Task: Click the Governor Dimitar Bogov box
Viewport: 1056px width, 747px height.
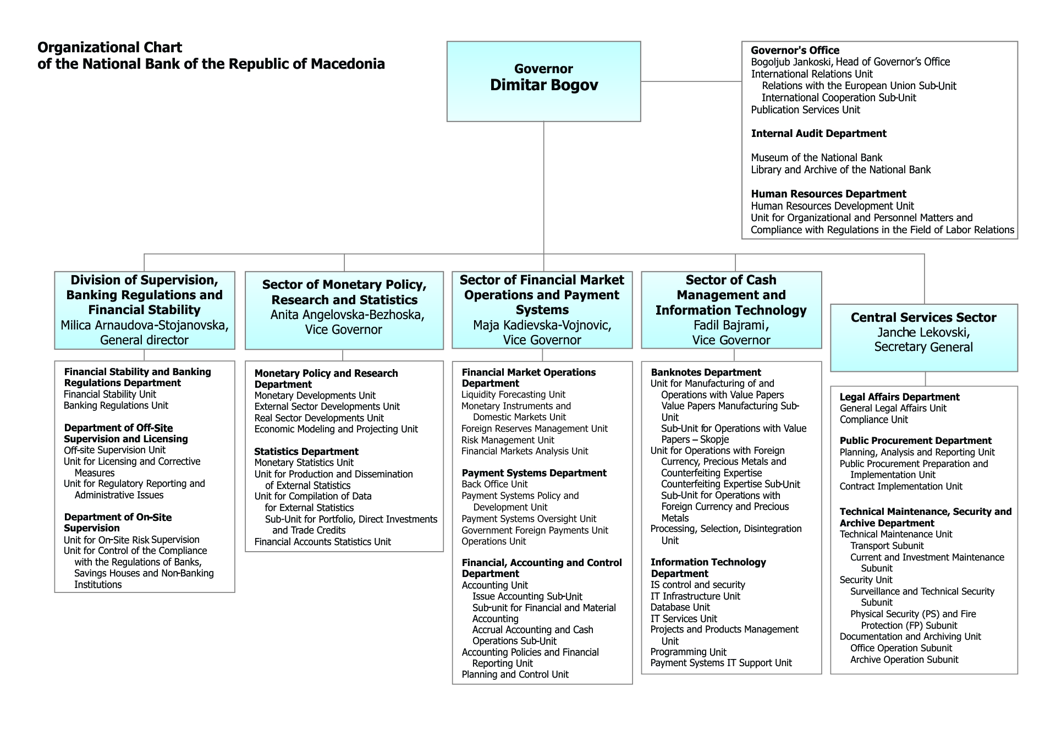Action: [x=543, y=81]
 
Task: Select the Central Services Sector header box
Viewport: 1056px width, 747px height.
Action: [x=924, y=338]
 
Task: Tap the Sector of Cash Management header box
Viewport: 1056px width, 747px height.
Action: [x=732, y=310]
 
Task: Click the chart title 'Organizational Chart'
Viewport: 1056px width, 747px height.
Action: [x=109, y=48]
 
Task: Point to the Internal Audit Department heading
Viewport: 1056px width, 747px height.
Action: [x=818, y=134]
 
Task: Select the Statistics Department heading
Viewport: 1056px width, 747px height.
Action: [x=306, y=452]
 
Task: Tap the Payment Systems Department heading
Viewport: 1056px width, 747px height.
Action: [x=534, y=473]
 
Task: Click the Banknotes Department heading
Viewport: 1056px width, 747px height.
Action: [x=706, y=372]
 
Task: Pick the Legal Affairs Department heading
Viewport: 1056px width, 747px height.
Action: [x=899, y=397]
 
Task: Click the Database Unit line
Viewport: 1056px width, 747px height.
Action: [x=680, y=607]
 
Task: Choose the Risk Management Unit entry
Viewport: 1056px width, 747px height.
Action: [x=508, y=440]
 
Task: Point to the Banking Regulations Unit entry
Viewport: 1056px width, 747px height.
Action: [x=116, y=405]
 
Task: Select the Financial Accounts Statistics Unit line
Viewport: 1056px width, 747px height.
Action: [x=322, y=542]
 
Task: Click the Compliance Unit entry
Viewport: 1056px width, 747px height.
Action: [x=874, y=420]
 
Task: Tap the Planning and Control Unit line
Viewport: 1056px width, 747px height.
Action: [x=515, y=674]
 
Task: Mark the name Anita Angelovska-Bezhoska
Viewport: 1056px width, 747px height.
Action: [x=347, y=315]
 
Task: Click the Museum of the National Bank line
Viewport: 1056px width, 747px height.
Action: [x=817, y=158]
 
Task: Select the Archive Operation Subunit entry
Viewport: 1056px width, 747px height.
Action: [x=904, y=660]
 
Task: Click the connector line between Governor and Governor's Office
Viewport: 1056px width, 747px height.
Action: [x=691, y=81]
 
